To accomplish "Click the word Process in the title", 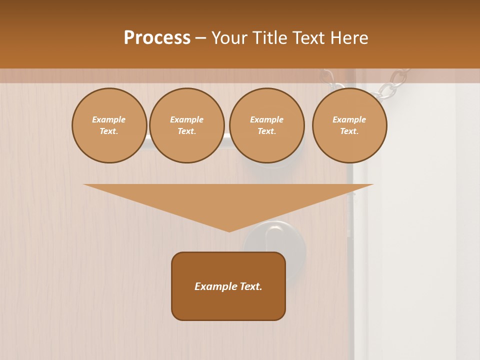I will pyautogui.click(x=157, y=38).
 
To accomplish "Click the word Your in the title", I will pyautogui.click(x=229, y=38).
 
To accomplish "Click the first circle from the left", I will pyautogui.click(x=109, y=125).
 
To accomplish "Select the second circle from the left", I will pyautogui.click(x=186, y=125).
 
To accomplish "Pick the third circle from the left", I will pyautogui.click(x=266, y=125).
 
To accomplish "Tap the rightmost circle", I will pyautogui.click(x=349, y=125).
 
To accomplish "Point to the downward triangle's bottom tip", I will pyautogui.click(x=229, y=230).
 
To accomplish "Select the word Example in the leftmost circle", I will pyautogui.click(x=109, y=120).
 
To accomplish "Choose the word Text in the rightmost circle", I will pyautogui.click(x=349, y=131).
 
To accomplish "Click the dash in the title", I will pyautogui.click(x=200, y=38).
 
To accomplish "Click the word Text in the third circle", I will pyautogui.click(x=266, y=131).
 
